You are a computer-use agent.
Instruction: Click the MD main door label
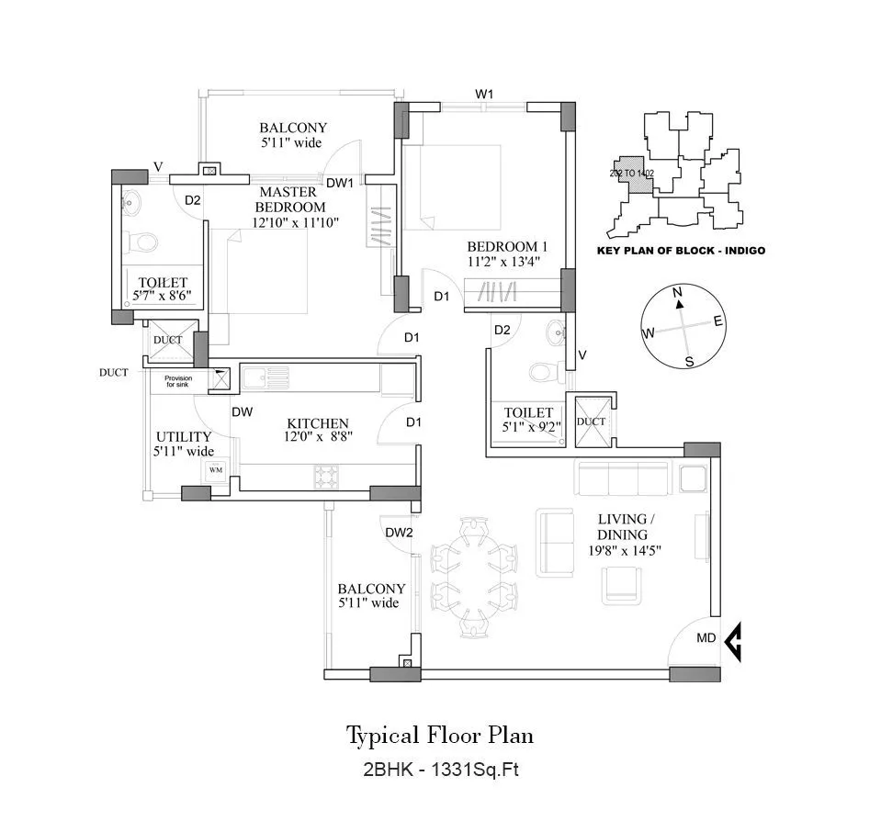(x=706, y=638)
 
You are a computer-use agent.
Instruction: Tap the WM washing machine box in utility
(x=216, y=470)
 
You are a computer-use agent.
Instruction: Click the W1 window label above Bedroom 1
(x=484, y=94)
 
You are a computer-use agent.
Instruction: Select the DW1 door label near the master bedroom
(x=340, y=183)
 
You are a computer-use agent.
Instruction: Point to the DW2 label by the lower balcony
(x=398, y=532)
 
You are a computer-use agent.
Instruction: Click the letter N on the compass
(x=678, y=293)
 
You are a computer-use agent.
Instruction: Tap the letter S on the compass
(x=689, y=362)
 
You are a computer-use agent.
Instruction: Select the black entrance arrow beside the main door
(x=733, y=643)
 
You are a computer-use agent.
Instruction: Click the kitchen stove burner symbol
(x=326, y=476)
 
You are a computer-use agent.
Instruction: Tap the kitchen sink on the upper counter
(x=265, y=375)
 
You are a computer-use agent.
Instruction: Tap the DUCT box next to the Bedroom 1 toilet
(x=592, y=421)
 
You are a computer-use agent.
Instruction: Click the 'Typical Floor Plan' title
(x=439, y=736)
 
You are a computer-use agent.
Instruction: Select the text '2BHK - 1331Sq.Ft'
(x=439, y=771)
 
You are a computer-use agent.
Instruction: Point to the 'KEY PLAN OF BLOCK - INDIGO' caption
(x=680, y=250)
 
